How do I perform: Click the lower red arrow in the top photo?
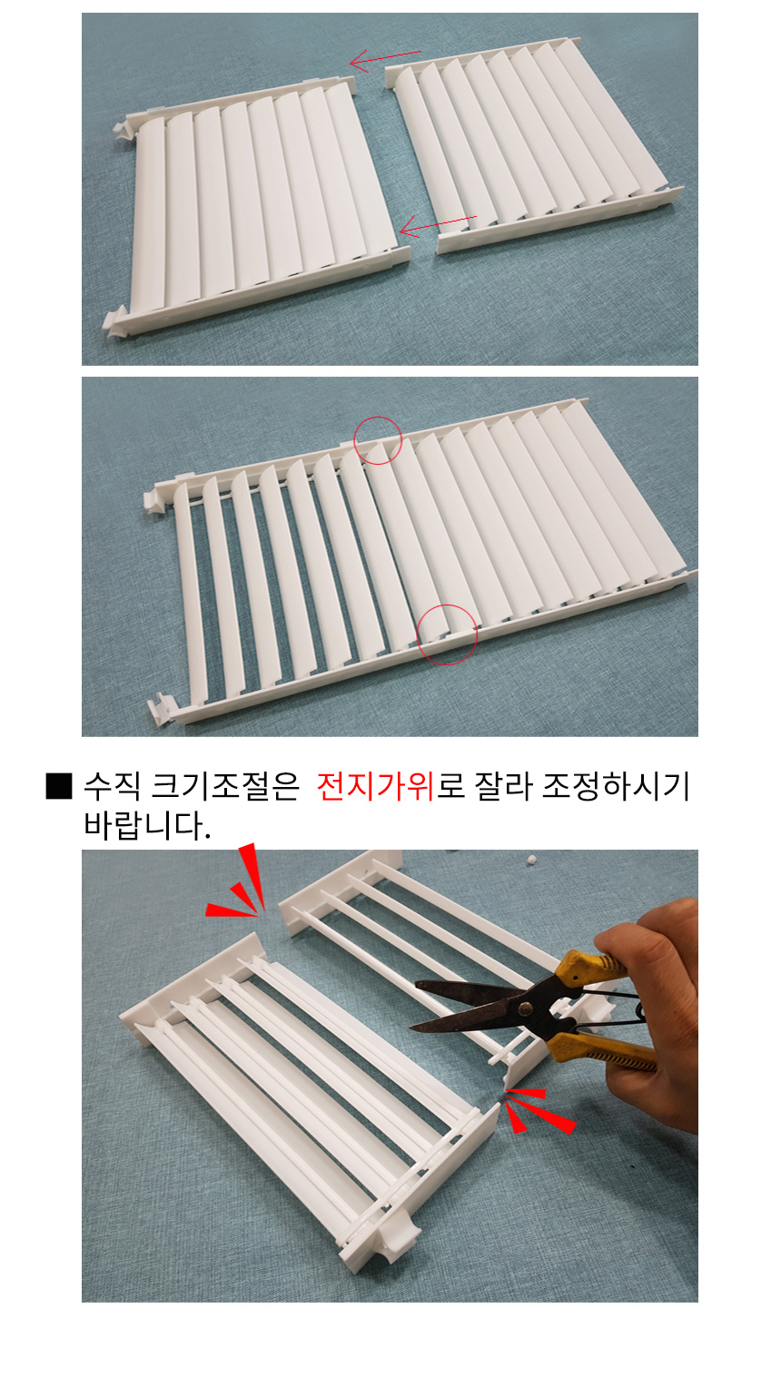click(438, 224)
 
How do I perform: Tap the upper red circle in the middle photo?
click(378, 440)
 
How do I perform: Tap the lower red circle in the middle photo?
click(447, 634)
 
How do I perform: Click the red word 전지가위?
click(376, 786)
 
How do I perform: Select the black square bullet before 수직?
click(59, 786)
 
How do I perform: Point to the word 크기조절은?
click(225, 786)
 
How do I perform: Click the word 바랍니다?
click(147, 825)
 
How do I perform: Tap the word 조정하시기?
click(616, 786)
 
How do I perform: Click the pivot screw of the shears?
click(525, 1008)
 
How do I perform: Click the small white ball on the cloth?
click(530, 860)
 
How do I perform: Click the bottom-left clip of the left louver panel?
click(115, 321)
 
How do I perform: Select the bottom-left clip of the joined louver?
click(161, 708)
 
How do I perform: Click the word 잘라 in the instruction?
click(503, 786)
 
